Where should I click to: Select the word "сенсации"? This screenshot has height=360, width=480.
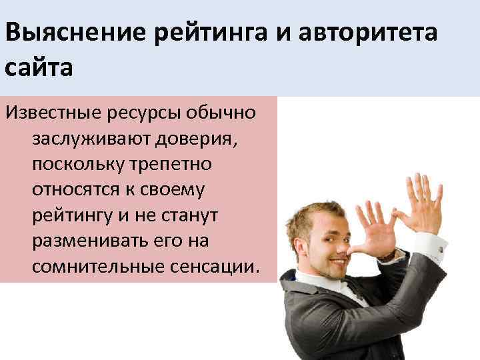(215, 267)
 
